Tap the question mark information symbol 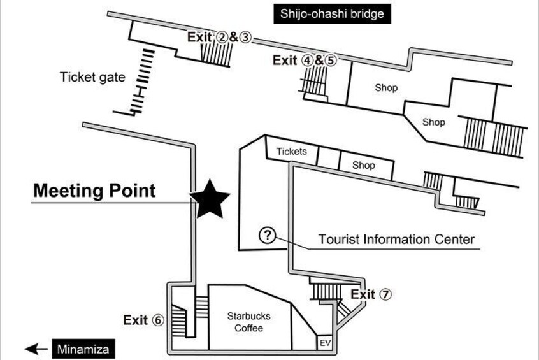[x=267, y=236]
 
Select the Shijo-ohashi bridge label [x=331, y=13]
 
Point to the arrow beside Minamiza [x=36, y=349]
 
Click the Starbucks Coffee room [x=248, y=322]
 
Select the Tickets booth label [x=291, y=152]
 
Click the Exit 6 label [x=144, y=320]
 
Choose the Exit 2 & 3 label [x=220, y=38]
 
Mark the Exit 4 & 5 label [x=305, y=60]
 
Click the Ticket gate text [x=93, y=78]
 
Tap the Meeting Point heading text [x=94, y=190]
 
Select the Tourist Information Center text [x=396, y=240]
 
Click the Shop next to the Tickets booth [x=364, y=165]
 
